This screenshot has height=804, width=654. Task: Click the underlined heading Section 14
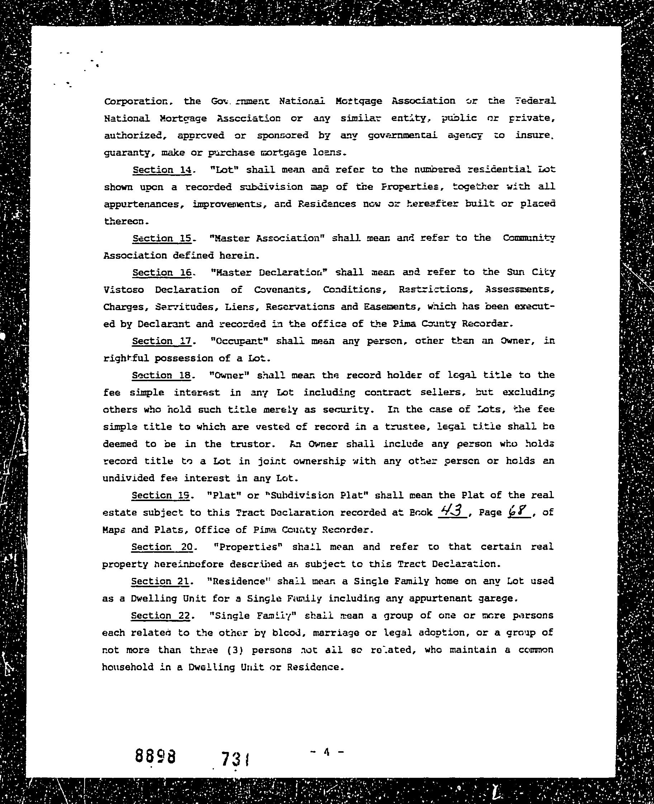[x=162, y=170]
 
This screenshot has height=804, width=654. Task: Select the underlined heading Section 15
[x=162, y=239]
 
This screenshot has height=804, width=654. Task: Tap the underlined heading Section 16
[x=162, y=273]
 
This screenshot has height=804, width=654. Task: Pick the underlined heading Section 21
[x=160, y=581]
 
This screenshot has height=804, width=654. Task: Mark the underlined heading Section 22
[x=160, y=616]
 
